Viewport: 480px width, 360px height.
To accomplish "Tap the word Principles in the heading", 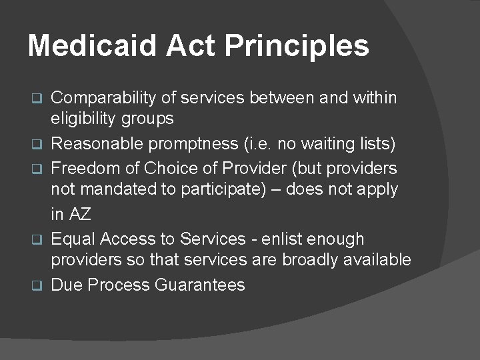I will pos(297,46).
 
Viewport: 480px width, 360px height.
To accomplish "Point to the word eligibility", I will pos(81,119).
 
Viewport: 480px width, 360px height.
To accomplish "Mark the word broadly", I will pos(311,260).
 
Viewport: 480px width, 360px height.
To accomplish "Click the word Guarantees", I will pos(200,285).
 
